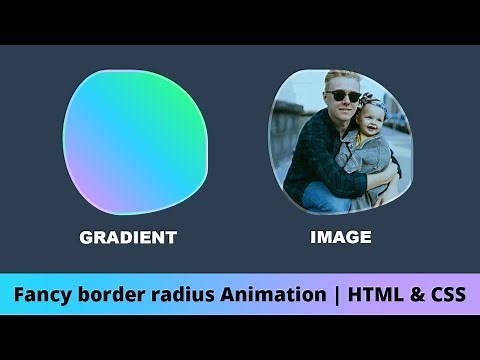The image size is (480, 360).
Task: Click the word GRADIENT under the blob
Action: point(128,238)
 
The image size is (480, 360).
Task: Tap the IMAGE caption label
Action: point(341,238)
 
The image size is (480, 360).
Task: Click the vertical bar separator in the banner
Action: point(333,295)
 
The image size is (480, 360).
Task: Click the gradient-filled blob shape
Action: point(135,145)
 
